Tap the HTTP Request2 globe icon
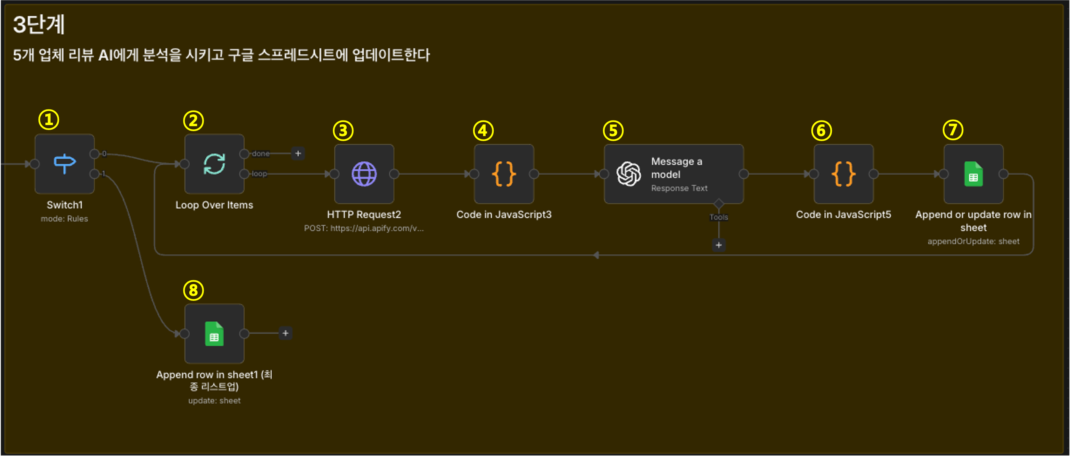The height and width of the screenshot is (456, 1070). tap(364, 174)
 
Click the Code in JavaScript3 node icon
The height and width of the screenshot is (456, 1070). tap(504, 174)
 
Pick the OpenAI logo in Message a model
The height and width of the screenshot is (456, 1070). tap(629, 174)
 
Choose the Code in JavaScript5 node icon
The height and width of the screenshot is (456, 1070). tap(843, 174)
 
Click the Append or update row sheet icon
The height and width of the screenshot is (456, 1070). tap(973, 174)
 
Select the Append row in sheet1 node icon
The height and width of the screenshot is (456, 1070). tap(214, 333)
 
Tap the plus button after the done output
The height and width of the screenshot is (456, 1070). tap(298, 153)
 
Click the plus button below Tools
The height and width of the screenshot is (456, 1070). tap(718, 245)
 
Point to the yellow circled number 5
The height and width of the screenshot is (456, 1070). tap(613, 130)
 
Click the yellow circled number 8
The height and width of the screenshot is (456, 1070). tap(194, 290)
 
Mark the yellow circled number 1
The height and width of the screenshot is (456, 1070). tap(49, 120)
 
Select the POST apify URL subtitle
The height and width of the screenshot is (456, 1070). tap(364, 228)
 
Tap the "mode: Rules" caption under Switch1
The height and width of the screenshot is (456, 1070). tap(64, 218)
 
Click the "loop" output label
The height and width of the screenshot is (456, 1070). tap(259, 174)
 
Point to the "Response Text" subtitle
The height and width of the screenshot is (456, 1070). tap(679, 188)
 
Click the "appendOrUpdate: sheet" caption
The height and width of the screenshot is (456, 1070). tap(973, 241)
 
